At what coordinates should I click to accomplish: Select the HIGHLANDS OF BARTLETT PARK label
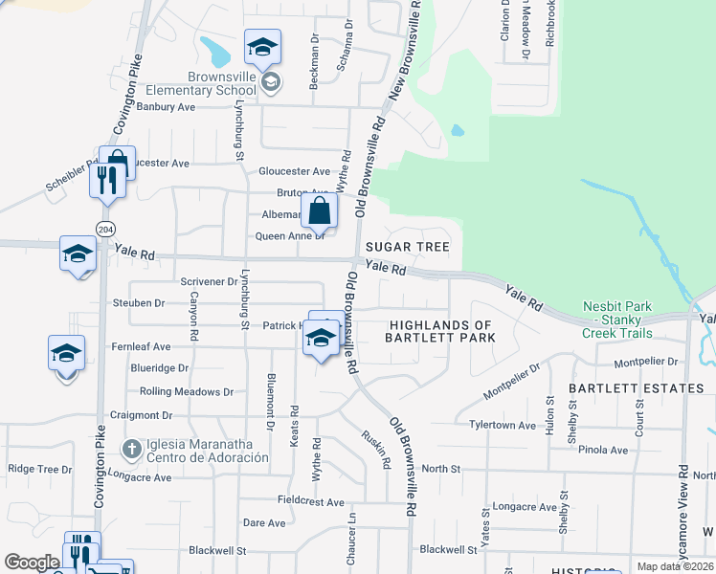coord(440,331)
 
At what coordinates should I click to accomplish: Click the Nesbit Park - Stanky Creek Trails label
coord(617,320)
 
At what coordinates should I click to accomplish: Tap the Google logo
coord(31,562)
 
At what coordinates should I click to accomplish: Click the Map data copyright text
coord(676,567)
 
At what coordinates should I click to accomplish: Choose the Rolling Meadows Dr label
coord(187,391)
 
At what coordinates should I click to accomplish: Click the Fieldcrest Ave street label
coord(310,501)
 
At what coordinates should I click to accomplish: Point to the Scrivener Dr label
coord(209,281)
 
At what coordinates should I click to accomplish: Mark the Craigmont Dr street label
coord(141,415)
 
